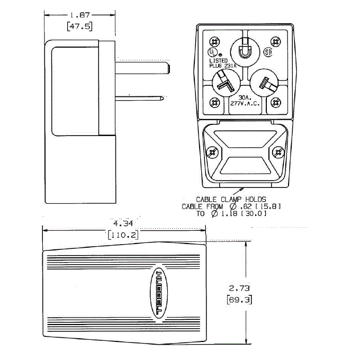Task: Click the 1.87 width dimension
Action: [x=79, y=16]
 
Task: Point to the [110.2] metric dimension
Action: [x=123, y=234]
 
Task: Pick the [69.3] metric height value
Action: [x=239, y=300]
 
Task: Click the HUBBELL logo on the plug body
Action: [x=159, y=294]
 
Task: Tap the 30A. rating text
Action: [x=244, y=98]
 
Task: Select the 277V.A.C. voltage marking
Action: [x=244, y=104]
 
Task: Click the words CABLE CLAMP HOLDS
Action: [x=231, y=199]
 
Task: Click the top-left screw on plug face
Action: [x=214, y=42]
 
